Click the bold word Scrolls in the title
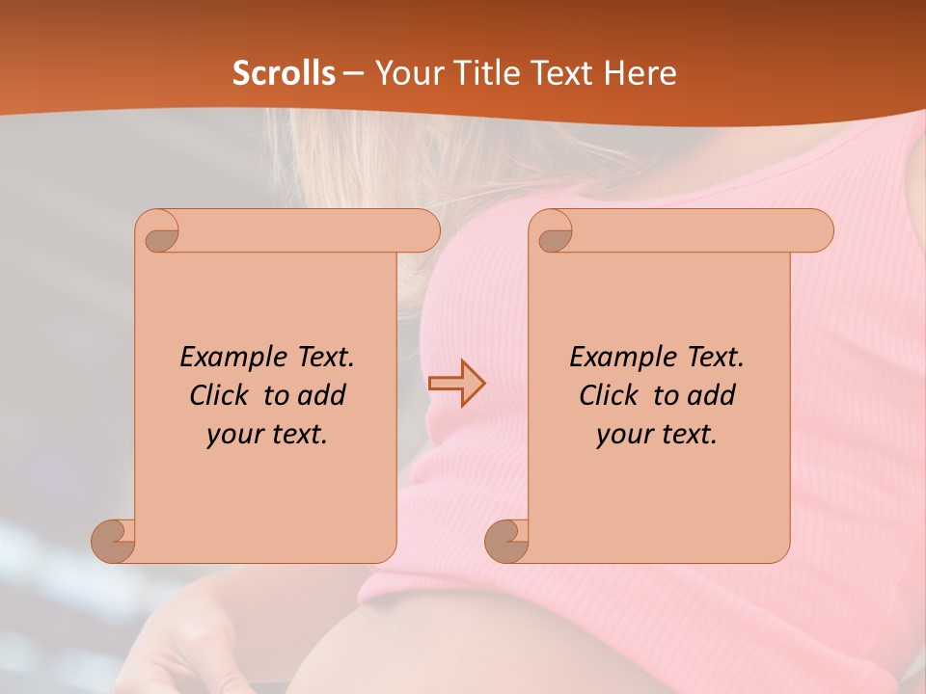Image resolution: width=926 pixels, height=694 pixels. click(284, 73)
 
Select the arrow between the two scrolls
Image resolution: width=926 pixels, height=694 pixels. click(456, 384)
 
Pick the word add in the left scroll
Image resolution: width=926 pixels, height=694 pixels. click(320, 396)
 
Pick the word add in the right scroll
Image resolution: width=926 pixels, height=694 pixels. click(711, 396)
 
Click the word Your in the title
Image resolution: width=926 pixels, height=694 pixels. click(405, 73)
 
